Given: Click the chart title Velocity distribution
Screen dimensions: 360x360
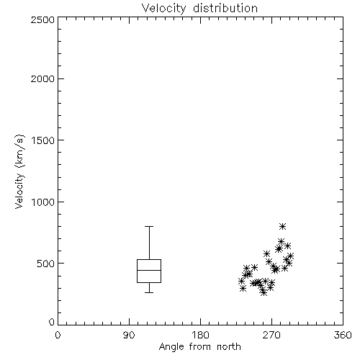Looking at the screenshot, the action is pos(199,9).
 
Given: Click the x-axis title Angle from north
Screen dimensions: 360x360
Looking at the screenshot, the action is pos(199,347).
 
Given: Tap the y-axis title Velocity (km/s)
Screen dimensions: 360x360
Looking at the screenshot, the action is pos(19,171).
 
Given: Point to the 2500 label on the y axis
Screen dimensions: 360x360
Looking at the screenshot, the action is pos(42,19).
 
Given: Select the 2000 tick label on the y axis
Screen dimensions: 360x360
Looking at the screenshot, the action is pos(42,78).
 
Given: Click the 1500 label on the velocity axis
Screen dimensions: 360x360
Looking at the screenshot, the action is pos(43,140).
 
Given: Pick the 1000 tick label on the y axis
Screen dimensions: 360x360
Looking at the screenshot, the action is pos(43,202).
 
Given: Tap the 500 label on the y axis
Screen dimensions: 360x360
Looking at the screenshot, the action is pos(46,264).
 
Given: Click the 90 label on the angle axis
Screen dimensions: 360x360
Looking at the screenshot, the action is pos(129,335).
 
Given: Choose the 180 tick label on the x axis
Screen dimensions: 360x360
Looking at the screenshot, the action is pos(200,335).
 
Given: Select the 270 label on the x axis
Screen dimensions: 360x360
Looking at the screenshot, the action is pos(271,335).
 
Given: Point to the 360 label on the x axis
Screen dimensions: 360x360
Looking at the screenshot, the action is pos(343,335).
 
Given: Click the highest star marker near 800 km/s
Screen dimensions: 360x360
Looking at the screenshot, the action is pos(283,226).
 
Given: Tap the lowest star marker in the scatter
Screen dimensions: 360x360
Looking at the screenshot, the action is pos(264,292).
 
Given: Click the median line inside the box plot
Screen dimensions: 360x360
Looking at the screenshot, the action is pos(149,270).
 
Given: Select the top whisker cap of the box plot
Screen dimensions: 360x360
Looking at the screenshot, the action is pos(149,226).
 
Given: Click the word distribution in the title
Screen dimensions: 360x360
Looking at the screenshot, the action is pos(225,9).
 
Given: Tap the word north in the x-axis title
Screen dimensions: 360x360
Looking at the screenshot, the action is pos(229,347).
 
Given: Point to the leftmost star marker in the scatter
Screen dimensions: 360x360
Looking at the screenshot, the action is pos(242,281).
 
